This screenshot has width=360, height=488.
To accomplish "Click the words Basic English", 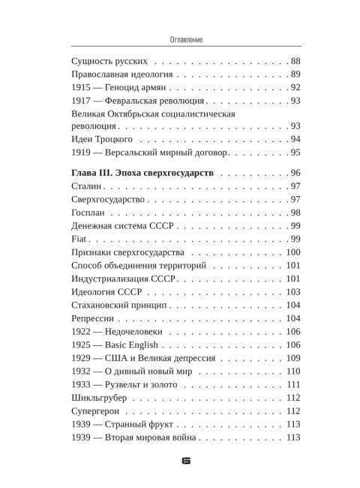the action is pos(135,345).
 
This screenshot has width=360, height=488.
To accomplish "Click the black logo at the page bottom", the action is pos(180,457).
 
